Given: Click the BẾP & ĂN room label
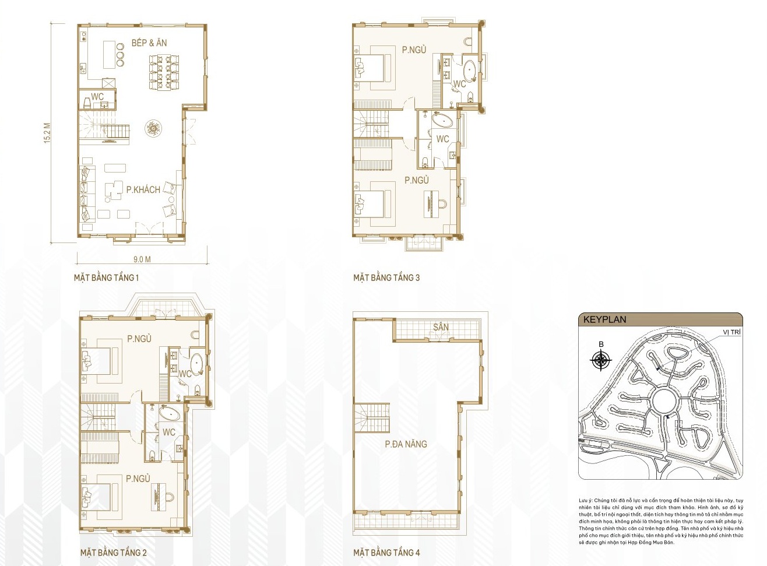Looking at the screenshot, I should [149, 43].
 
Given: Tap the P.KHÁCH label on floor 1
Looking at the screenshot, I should [143, 189].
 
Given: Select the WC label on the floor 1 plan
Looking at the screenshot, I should [97, 97].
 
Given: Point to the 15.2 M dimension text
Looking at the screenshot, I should [47, 133].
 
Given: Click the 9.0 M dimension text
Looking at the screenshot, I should [142, 259].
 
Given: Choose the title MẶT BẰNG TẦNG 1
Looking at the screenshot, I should [106, 277].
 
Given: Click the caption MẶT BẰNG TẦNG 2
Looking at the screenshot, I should [113, 552].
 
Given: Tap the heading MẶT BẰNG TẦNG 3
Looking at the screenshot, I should [386, 277].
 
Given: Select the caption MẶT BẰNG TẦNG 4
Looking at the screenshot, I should [386, 552].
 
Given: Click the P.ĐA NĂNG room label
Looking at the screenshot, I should [406, 444].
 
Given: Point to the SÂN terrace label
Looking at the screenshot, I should [441, 327].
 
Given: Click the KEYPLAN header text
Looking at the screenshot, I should [604, 319].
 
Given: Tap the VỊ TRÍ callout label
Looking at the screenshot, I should [731, 332].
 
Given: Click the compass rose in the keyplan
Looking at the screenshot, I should [601, 360].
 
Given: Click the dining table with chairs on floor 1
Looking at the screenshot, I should [164, 72].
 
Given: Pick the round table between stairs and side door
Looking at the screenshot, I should [154, 128].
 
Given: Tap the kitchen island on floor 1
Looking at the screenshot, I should [109, 54].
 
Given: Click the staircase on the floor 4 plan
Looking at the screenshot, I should [371, 417].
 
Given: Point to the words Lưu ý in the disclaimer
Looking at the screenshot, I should [585, 501].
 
